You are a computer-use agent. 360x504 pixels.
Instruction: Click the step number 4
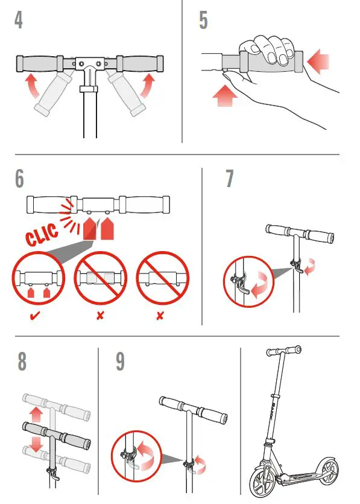[x=19, y=20]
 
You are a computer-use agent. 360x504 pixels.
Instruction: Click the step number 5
[x=203, y=20]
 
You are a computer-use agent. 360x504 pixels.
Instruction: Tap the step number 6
[x=20, y=179]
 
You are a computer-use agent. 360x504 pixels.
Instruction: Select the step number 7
[x=230, y=179]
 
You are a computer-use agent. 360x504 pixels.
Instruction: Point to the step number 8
[x=22, y=361]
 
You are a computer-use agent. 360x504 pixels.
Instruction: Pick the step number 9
[x=120, y=361]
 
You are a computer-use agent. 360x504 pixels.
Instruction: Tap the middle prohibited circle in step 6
[x=100, y=278]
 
